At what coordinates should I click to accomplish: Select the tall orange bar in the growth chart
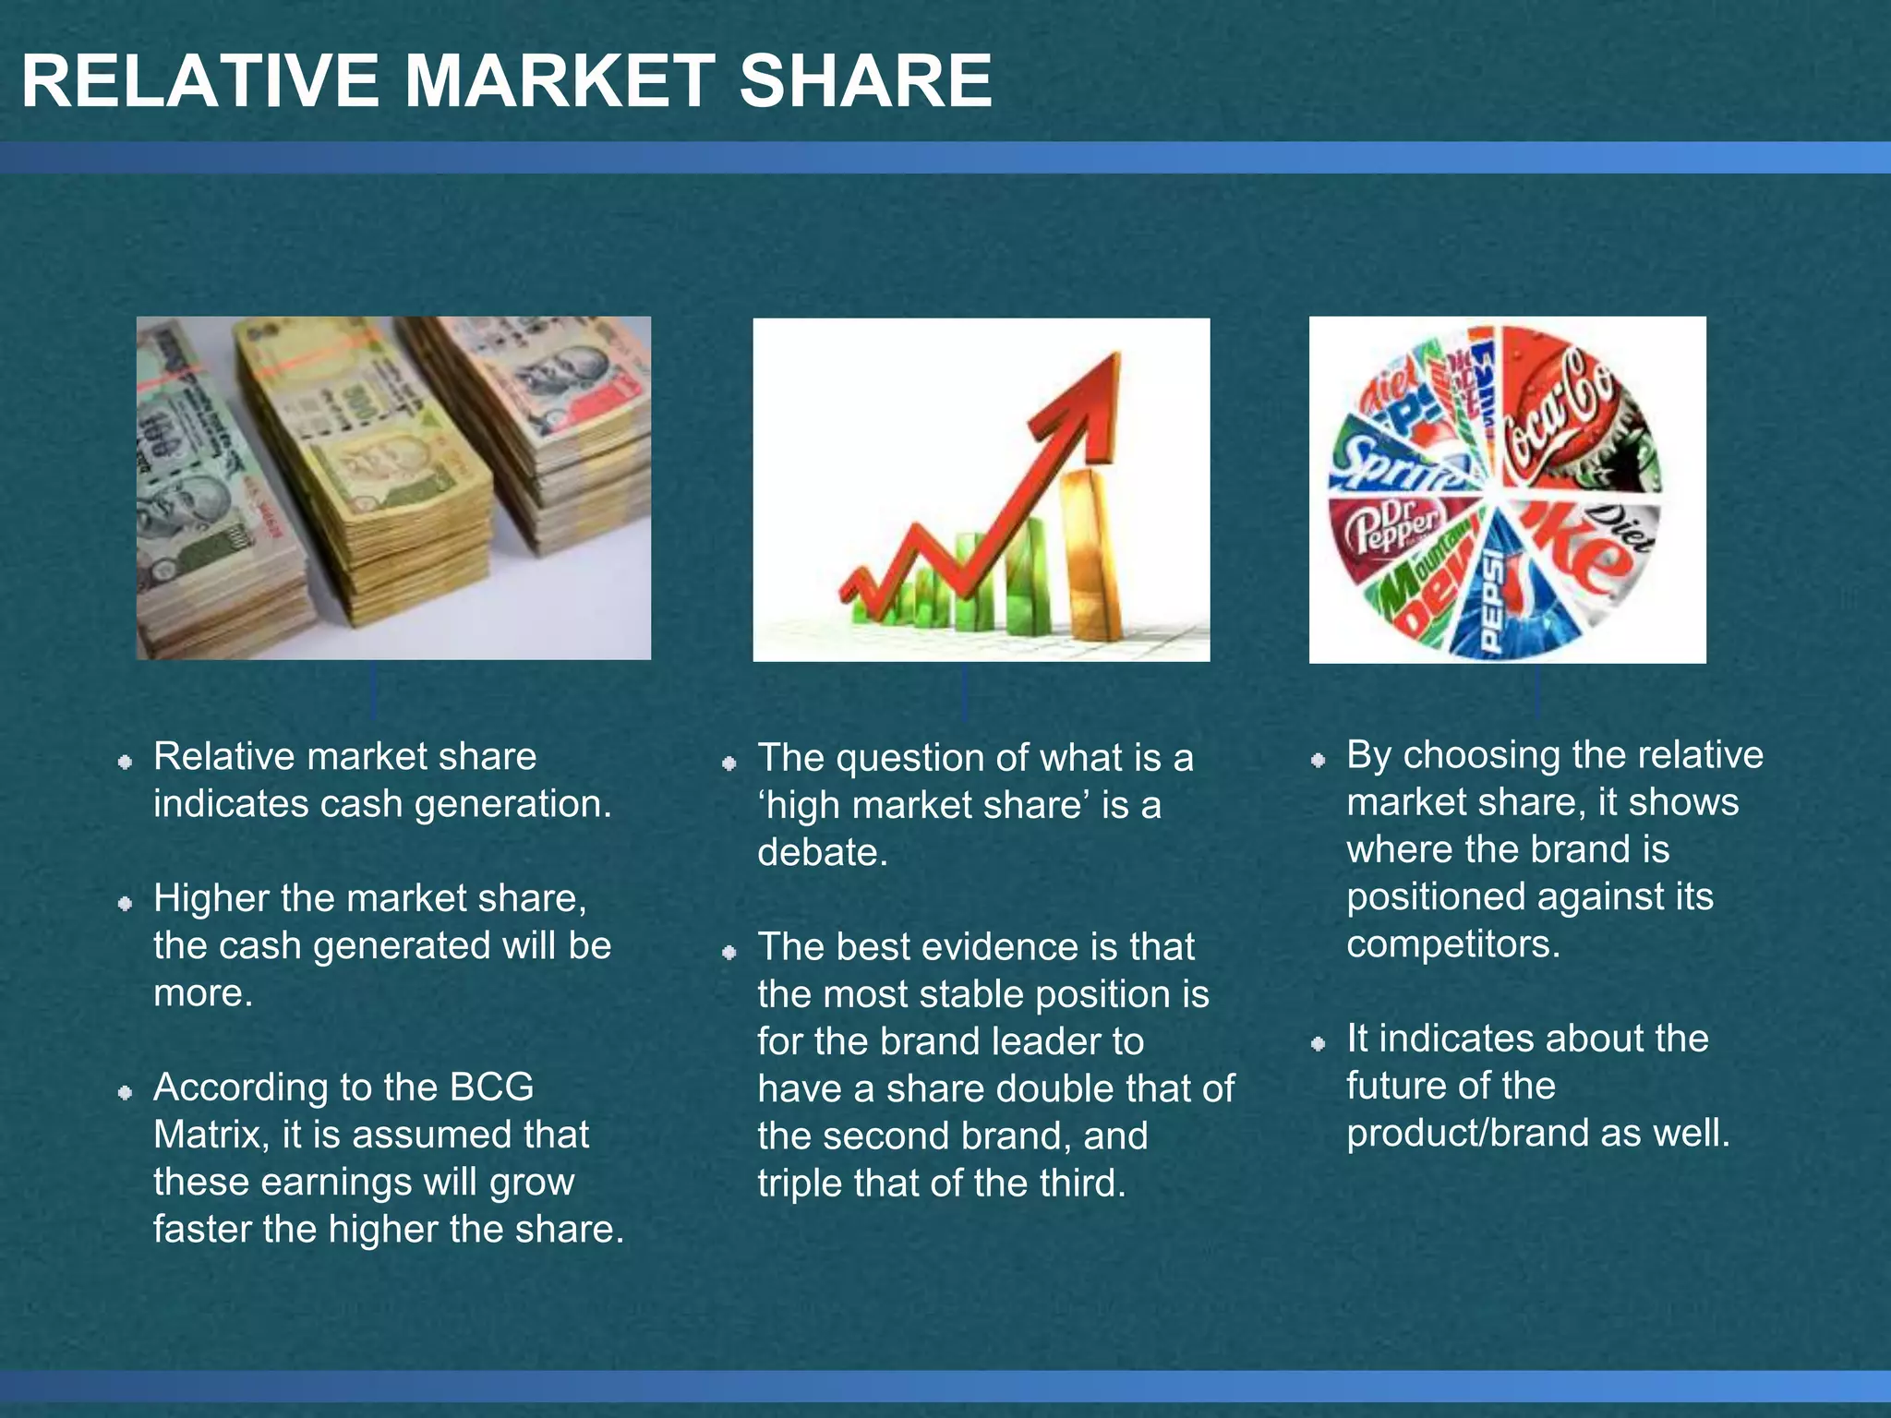coord(1092,554)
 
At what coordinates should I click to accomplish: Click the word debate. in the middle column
coord(822,852)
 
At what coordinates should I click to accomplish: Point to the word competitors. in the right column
coord(1452,944)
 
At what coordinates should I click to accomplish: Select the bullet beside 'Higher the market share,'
coord(126,904)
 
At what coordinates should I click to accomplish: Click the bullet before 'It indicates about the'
coord(1319,1044)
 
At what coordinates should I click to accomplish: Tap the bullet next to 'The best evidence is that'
coord(729,952)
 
